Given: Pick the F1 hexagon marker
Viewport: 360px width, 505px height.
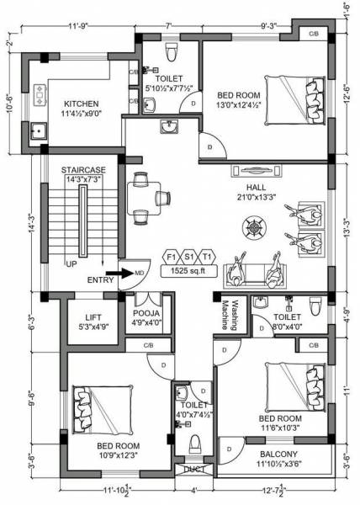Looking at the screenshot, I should click(x=171, y=256).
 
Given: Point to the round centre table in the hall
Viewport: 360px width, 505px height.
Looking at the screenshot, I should click(x=252, y=226).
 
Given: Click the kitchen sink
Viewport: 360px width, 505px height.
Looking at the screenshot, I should click(x=38, y=131).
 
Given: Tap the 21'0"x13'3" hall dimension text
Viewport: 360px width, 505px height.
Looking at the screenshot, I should click(x=257, y=197).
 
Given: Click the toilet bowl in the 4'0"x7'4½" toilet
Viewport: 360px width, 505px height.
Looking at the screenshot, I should click(x=195, y=444).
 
